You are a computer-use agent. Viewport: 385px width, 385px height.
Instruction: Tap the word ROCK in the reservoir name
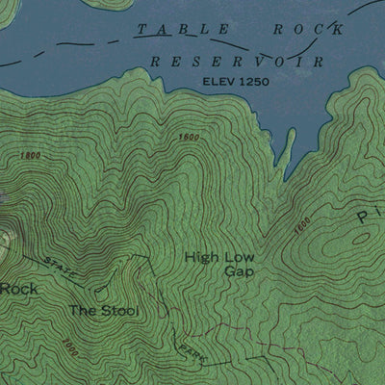click(x=308, y=30)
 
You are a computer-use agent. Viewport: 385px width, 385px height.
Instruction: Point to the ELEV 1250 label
click(x=235, y=82)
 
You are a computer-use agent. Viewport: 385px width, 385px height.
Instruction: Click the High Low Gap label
click(x=218, y=264)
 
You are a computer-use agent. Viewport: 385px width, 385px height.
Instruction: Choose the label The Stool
click(x=103, y=311)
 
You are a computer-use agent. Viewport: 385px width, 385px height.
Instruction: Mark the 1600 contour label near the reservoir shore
click(x=189, y=139)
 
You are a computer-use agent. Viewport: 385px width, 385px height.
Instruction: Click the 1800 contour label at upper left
click(x=30, y=156)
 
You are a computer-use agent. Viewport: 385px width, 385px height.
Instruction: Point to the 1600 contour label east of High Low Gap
click(x=302, y=225)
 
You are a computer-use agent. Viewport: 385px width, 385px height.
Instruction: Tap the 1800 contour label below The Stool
click(x=69, y=344)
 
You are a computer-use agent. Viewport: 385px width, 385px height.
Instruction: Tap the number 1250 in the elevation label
click(x=249, y=82)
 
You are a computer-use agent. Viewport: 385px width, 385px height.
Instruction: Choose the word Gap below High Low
click(x=237, y=271)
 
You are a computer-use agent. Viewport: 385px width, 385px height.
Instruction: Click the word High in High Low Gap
click(x=200, y=257)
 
